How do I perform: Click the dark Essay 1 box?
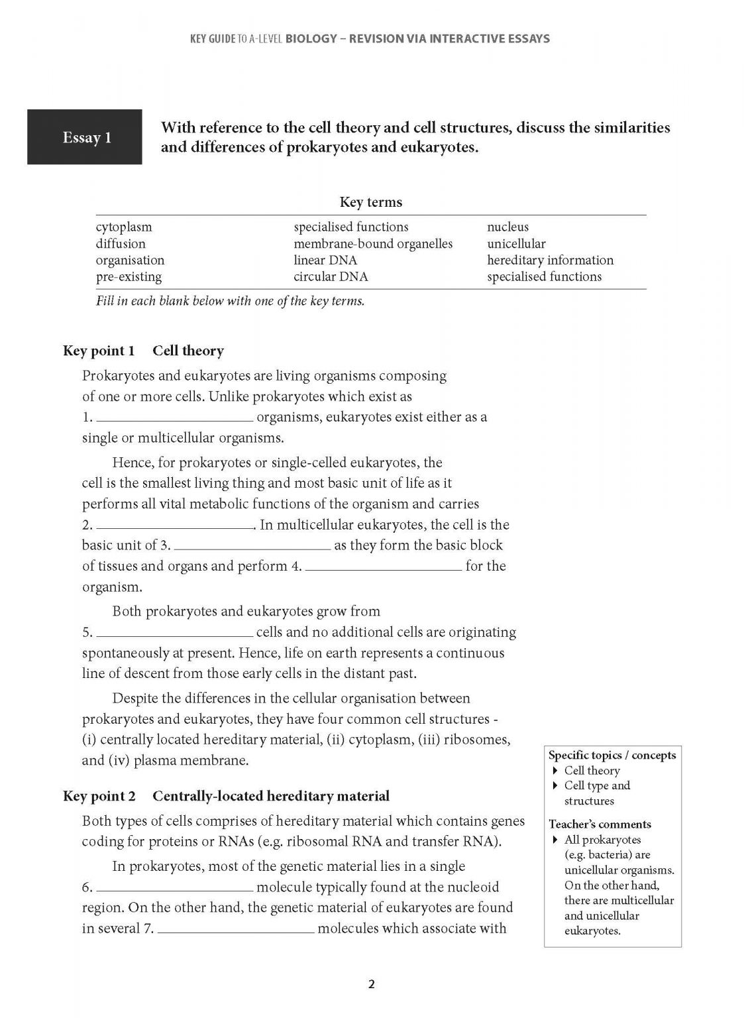point(84,137)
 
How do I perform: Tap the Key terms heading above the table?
point(370,202)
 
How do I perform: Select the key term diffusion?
point(121,243)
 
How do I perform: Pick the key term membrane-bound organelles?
point(373,243)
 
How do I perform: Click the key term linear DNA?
point(325,260)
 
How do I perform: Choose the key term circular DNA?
point(331,276)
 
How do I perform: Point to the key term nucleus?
point(507,227)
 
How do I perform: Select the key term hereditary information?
point(550,260)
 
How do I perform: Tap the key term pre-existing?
point(129,276)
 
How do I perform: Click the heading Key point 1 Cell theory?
point(143,351)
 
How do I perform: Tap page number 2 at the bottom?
point(371,984)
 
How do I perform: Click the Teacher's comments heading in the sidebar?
point(600,824)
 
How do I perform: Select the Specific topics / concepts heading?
point(612,756)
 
